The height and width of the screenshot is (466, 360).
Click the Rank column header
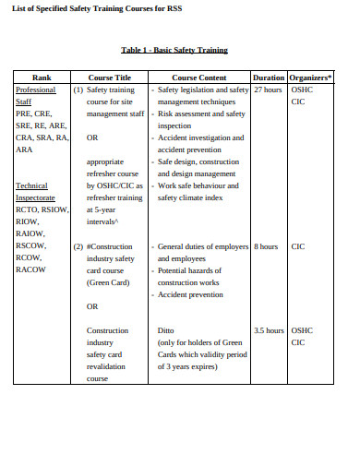coord(42,78)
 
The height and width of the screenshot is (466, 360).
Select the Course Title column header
coord(110,78)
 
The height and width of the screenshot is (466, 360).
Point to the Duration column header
coord(268,78)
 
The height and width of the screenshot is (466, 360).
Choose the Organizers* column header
coord(310,78)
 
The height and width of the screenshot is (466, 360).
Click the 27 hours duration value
coord(268,90)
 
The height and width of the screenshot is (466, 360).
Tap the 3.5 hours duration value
coord(268,329)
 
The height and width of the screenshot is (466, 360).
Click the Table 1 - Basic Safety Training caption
coord(174,50)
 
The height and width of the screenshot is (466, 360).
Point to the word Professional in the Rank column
coord(36,90)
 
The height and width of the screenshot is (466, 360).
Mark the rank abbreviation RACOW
coord(32,270)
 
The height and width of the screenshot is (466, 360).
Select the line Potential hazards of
coord(191,271)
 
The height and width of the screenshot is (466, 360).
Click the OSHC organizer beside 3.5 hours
coord(302,329)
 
